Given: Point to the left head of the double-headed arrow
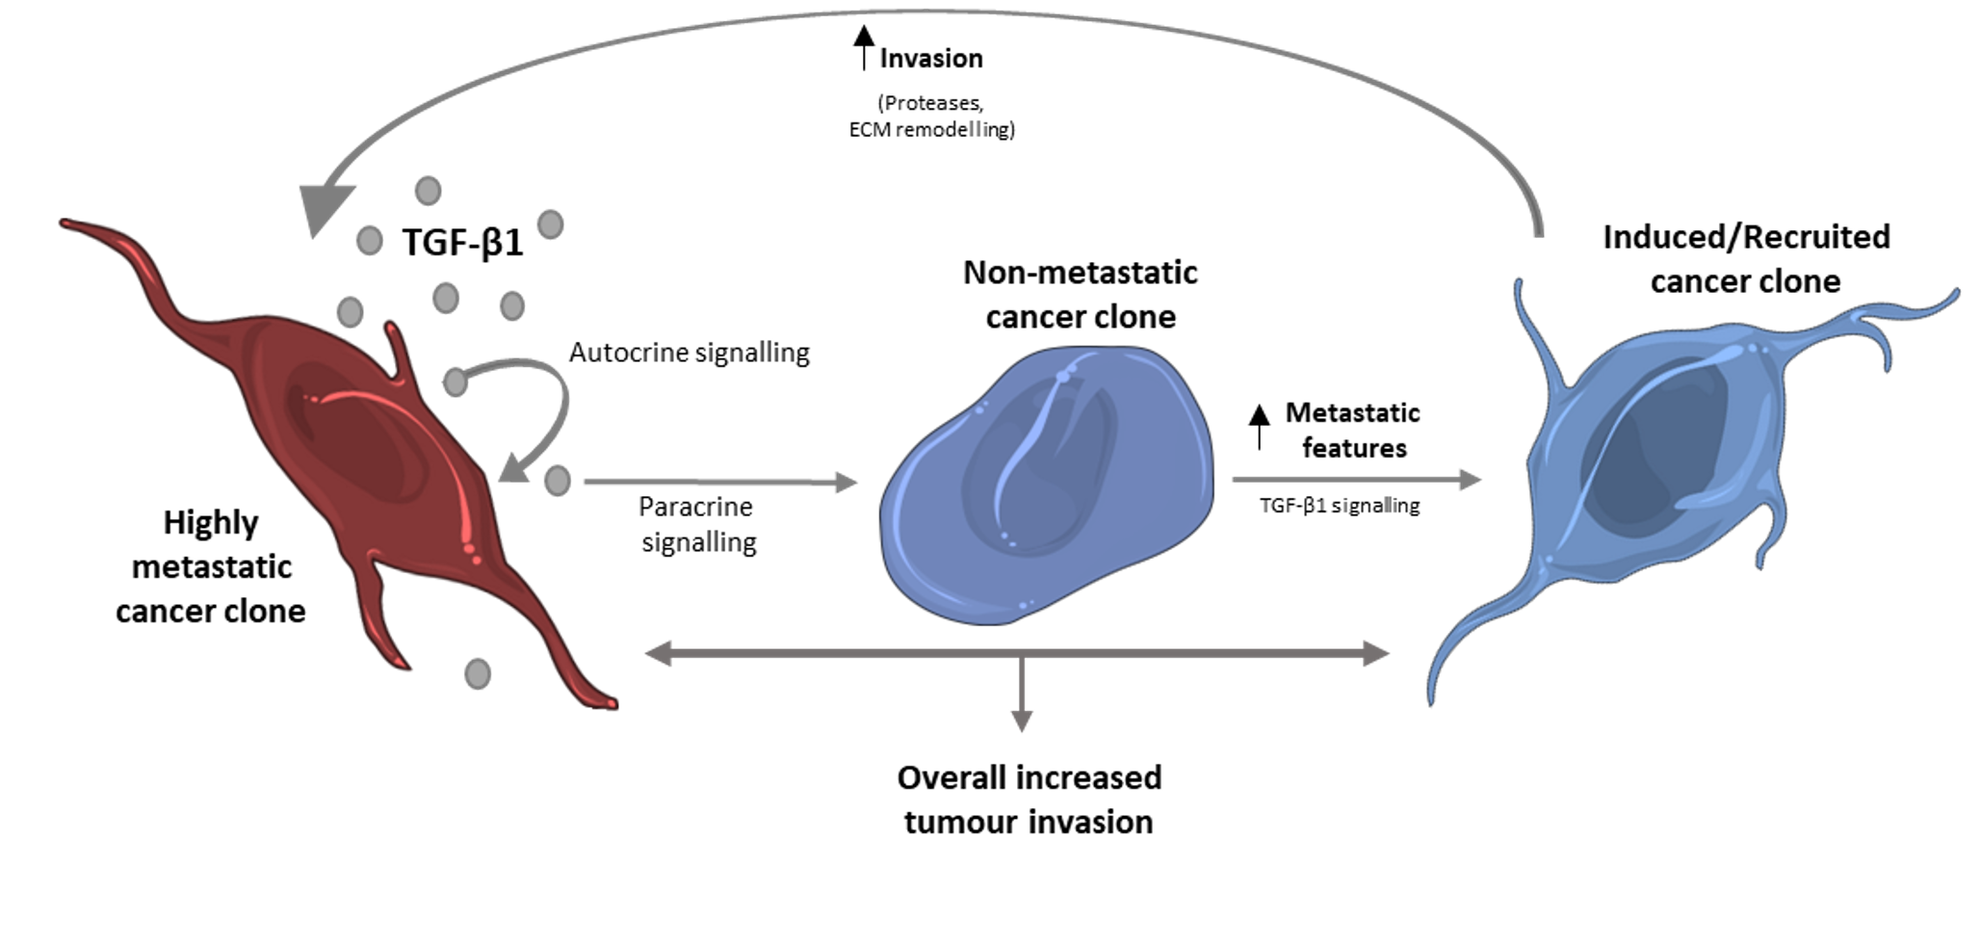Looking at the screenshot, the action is point(659,656).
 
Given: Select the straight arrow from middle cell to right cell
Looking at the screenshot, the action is point(1358,479).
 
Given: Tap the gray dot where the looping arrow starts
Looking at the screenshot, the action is point(456,382).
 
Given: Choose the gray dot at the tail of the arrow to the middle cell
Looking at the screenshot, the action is point(557,480).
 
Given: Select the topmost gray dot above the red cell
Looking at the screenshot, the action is point(428,191).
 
